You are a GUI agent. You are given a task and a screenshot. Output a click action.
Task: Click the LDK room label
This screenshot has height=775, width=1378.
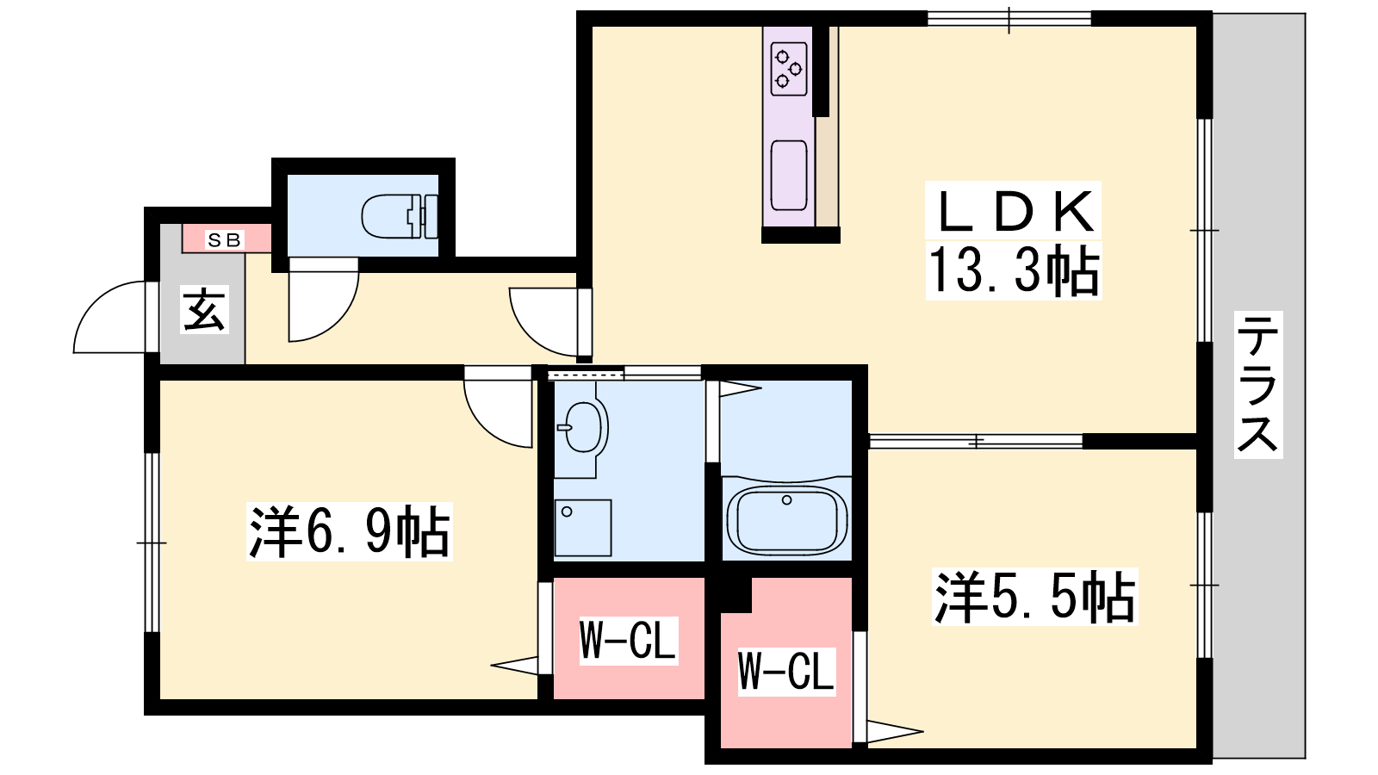click(1013, 211)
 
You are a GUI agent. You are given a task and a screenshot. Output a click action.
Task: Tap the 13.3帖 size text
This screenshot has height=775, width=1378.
click(1013, 270)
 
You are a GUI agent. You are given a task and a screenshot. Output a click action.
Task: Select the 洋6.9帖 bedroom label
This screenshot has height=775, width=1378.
click(349, 531)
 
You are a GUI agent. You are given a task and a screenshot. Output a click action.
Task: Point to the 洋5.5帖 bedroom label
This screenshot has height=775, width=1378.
click(1034, 598)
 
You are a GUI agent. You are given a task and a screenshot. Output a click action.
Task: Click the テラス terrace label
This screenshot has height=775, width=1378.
click(1258, 384)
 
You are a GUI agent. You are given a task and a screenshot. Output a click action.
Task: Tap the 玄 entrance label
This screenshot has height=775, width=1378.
click(204, 309)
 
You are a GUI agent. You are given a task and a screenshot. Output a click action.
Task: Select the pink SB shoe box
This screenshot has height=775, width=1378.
click(227, 239)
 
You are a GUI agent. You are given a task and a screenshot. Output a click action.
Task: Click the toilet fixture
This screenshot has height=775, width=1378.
click(400, 216)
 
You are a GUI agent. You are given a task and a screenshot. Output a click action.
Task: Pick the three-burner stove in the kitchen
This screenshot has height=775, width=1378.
click(789, 69)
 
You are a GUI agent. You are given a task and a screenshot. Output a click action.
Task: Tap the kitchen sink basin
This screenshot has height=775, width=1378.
click(789, 176)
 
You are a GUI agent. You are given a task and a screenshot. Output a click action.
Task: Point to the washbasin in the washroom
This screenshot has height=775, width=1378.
click(582, 427)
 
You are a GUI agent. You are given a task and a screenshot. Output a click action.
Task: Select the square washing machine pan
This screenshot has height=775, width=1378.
click(582, 528)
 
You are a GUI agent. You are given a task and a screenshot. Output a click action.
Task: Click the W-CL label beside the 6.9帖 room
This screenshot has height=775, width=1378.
click(628, 641)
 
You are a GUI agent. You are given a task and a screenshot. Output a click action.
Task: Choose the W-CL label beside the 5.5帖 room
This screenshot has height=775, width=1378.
click(786, 671)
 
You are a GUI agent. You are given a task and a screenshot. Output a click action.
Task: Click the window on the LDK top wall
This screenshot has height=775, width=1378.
click(1009, 19)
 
